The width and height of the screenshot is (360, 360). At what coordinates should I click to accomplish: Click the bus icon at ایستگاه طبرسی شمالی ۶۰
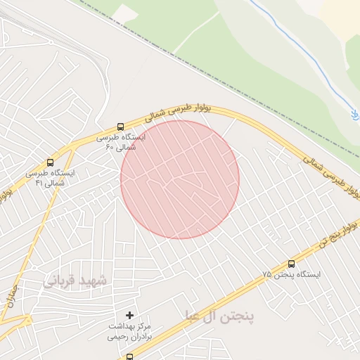pos(120,127)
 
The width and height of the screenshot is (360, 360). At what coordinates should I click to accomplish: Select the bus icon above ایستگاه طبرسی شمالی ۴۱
pos(50,162)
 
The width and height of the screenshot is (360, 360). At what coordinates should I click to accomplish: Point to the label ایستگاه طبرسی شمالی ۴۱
pos(51,177)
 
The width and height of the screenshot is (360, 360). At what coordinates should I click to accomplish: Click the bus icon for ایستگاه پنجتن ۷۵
pos(291,264)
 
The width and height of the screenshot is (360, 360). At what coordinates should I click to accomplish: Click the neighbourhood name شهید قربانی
pos(75,281)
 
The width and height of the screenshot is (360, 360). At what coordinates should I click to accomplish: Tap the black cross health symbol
pos(129,315)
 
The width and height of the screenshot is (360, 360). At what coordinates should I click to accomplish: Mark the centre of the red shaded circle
pos(180,179)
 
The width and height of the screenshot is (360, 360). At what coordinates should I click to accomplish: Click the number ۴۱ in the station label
pos(39,183)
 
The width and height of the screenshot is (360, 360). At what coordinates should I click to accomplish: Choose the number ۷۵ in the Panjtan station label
pos(268,275)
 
